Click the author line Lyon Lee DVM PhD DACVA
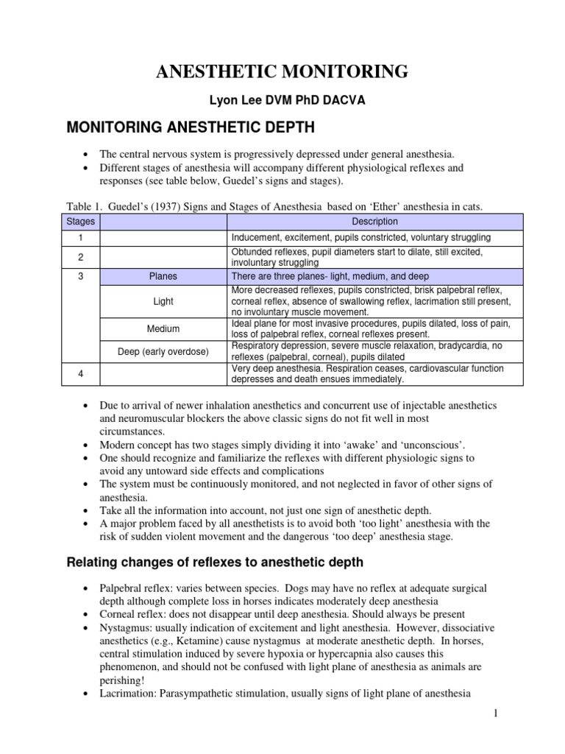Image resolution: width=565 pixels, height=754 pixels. (282, 100)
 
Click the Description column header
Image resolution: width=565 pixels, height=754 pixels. (375, 221)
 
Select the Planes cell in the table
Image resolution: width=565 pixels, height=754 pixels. (163, 276)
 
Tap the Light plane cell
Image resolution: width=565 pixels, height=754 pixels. (163, 301)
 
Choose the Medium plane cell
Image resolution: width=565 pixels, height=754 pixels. (163, 328)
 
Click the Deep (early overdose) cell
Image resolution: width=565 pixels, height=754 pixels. (163, 351)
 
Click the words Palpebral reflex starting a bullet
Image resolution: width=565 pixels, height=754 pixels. (135, 588)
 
